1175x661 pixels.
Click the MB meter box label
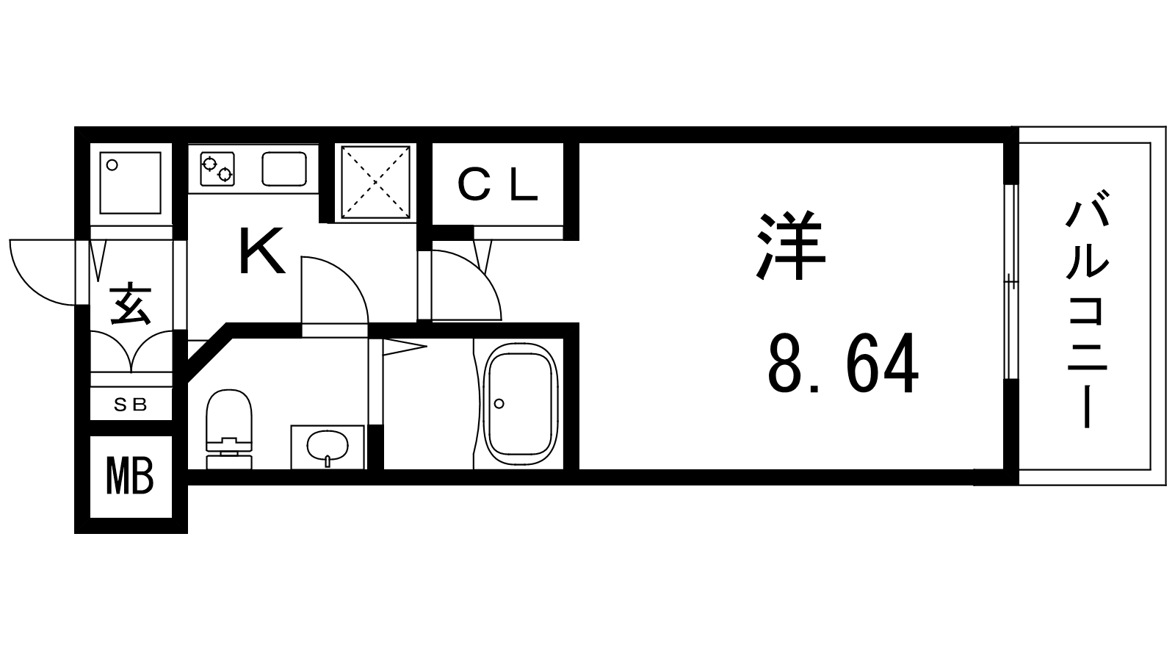(129, 476)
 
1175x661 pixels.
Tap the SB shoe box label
(131, 404)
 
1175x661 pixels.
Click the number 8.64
(843, 363)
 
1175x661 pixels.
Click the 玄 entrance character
(131, 304)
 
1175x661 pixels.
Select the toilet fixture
(228, 429)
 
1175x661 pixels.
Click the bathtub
(520, 404)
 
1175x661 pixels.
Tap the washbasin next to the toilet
(328, 447)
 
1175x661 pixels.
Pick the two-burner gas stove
(217, 169)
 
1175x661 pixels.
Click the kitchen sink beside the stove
(283, 168)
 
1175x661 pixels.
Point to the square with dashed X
(375, 182)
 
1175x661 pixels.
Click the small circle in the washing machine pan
(112, 165)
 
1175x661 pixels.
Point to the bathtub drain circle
(499, 403)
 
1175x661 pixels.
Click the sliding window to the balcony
(1011, 282)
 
